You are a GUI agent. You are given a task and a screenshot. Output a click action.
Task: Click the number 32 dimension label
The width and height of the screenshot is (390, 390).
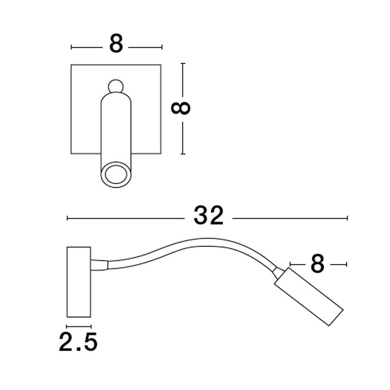209,216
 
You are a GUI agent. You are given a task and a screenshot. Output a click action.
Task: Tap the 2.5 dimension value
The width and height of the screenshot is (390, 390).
78,342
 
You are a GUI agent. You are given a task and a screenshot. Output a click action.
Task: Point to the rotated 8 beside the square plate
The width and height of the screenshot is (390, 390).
181,108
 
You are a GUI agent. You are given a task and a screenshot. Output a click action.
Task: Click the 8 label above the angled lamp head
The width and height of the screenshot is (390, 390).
317,264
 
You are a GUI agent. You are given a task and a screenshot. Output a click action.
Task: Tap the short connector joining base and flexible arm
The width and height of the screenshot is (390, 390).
99,264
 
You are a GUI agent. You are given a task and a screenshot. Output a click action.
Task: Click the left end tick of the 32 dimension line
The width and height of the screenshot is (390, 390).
67,218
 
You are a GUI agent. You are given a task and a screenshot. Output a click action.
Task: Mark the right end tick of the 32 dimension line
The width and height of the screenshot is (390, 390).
347,218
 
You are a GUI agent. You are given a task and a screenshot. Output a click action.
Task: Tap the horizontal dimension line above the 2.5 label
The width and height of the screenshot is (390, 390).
79,326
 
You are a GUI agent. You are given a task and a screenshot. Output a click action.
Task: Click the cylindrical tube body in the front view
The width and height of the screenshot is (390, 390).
116,129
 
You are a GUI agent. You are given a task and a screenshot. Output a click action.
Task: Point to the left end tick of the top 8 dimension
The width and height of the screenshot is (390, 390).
71,47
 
